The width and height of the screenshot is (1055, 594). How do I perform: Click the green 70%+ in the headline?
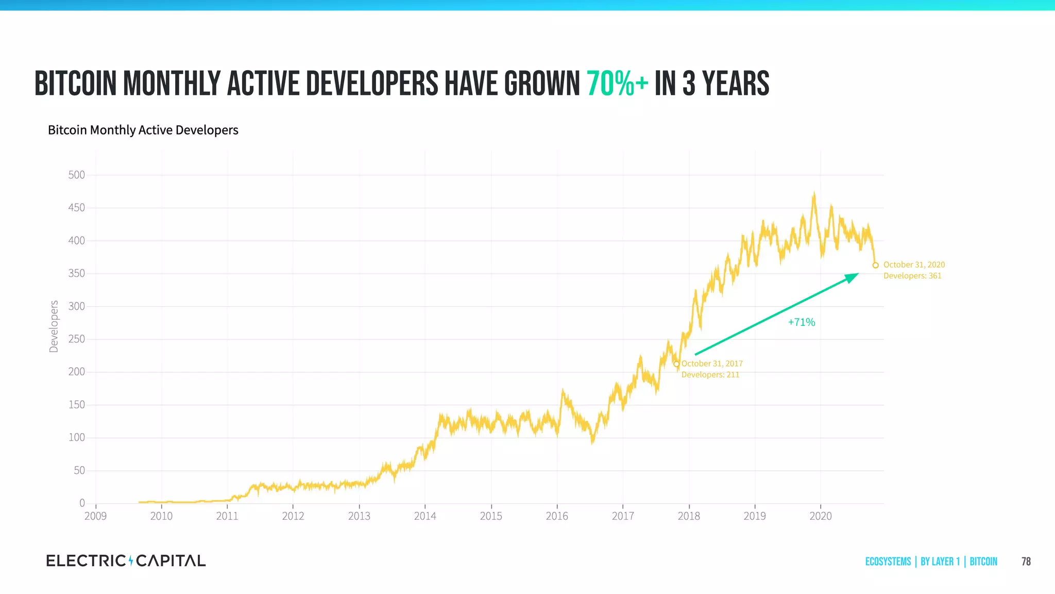(x=617, y=84)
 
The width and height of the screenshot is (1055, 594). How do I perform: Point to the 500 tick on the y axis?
(x=77, y=175)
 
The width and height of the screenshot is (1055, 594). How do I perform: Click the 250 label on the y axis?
(x=77, y=339)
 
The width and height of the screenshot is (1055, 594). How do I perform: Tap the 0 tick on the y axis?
(x=82, y=503)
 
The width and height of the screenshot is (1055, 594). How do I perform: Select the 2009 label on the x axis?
(x=95, y=516)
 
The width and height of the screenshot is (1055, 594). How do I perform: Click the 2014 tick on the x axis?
(x=425, y=516)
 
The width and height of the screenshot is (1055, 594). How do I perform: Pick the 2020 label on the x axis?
(x=821, y=516)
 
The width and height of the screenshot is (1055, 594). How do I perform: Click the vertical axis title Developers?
(x=54, y=326)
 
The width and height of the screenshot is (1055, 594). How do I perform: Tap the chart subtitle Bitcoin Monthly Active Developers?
(x=143, y=130)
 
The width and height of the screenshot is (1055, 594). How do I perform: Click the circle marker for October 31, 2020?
(x=875, y=266)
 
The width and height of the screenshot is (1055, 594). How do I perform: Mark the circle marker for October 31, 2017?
(x=676, y=364)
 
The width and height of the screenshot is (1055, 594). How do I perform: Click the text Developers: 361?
(x=912, y=276)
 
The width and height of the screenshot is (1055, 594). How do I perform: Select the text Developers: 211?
(x=710, y=375)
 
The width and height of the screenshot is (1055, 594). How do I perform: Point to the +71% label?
(x=801, y=322)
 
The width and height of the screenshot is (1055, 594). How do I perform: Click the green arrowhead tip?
(x=858, y=274)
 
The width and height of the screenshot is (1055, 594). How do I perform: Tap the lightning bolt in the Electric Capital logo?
(x=131, y=560)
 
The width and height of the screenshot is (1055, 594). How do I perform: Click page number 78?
(x=1026, y=562)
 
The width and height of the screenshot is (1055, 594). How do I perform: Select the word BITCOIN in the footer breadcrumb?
(x=983, y=562)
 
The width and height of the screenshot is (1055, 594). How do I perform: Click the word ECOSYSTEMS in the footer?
(x=888, y=562)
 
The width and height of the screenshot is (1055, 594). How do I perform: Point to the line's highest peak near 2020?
(x=814, y=193)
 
